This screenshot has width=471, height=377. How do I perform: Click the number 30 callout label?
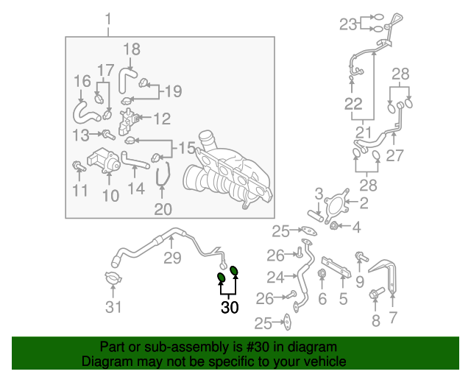230,307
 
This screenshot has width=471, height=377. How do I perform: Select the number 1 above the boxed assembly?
108,19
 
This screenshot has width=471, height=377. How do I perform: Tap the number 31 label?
113,307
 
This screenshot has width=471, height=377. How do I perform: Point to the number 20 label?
163,209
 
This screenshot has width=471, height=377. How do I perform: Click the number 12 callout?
162,119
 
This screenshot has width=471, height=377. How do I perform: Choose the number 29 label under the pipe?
172,258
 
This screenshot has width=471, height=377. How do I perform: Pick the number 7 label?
393,317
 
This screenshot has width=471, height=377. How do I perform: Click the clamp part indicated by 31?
113,278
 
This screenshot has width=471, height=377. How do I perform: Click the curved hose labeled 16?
85,113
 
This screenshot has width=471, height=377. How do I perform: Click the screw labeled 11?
79,166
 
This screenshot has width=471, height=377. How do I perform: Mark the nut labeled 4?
333,225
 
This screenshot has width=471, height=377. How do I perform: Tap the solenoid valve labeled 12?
130,121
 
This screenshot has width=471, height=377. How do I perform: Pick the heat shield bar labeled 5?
336,267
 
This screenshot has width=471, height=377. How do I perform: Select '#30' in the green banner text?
258,347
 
